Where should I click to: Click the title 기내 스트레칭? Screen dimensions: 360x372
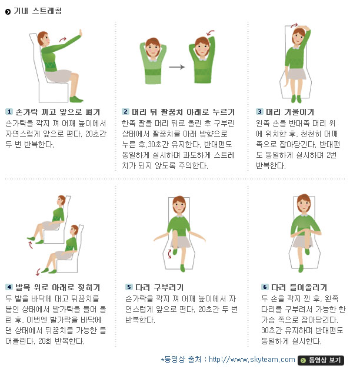coord(38,11)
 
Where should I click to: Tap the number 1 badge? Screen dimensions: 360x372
coord(9,112)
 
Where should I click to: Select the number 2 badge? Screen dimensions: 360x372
coord(125,112)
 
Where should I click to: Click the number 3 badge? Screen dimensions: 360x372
coord(259,112)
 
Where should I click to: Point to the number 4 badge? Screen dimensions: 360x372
coord(9,287)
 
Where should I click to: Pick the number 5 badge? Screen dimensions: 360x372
coord(129,287)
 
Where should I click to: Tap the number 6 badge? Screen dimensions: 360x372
coord(265,287)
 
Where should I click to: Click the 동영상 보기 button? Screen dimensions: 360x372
coord(321,360)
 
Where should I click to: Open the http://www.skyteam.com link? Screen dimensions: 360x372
coord(252,360)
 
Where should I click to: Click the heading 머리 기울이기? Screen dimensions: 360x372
coord(290,112)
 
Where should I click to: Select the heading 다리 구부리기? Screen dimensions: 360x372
coord(159,287)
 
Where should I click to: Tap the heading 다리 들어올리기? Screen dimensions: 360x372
coord(299,287)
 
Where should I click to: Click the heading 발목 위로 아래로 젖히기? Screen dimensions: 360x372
coord(58,287)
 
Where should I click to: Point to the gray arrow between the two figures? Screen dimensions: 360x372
coord(177,67)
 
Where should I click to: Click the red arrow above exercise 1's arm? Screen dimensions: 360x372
coord(63,39)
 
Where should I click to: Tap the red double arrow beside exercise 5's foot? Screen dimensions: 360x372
coord(169,254)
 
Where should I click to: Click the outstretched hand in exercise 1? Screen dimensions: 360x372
coord(81,33)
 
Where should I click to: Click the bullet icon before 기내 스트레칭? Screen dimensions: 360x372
coord(8,12)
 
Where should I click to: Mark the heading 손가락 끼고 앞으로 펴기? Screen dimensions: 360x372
coord(58,112)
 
